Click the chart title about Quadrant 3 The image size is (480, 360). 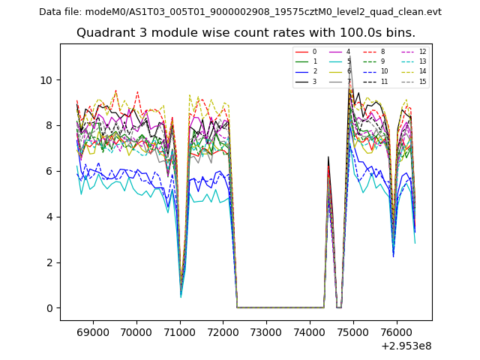(246, 33)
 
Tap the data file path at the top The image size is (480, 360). (240, 12)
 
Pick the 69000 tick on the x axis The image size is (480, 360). (93, 330)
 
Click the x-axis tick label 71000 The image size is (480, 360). (180, 330)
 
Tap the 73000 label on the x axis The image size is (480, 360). (267, 330)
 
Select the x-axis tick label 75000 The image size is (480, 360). (353, 330)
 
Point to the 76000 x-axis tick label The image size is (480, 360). (397, 330)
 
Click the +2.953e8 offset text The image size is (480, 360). (406, 346)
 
